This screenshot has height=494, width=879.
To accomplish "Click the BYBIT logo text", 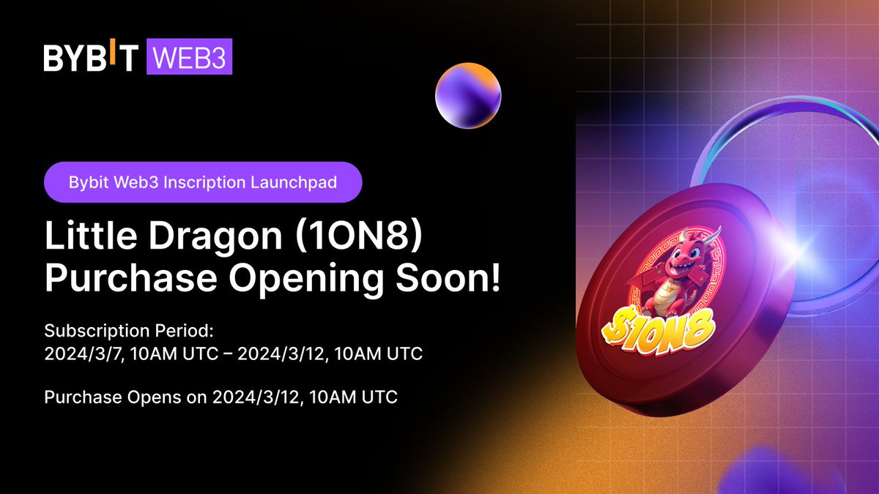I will click(90, 59).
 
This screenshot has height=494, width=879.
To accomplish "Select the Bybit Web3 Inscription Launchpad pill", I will click(203, 182).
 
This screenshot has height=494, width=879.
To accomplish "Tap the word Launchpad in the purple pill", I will click(301, 182).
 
